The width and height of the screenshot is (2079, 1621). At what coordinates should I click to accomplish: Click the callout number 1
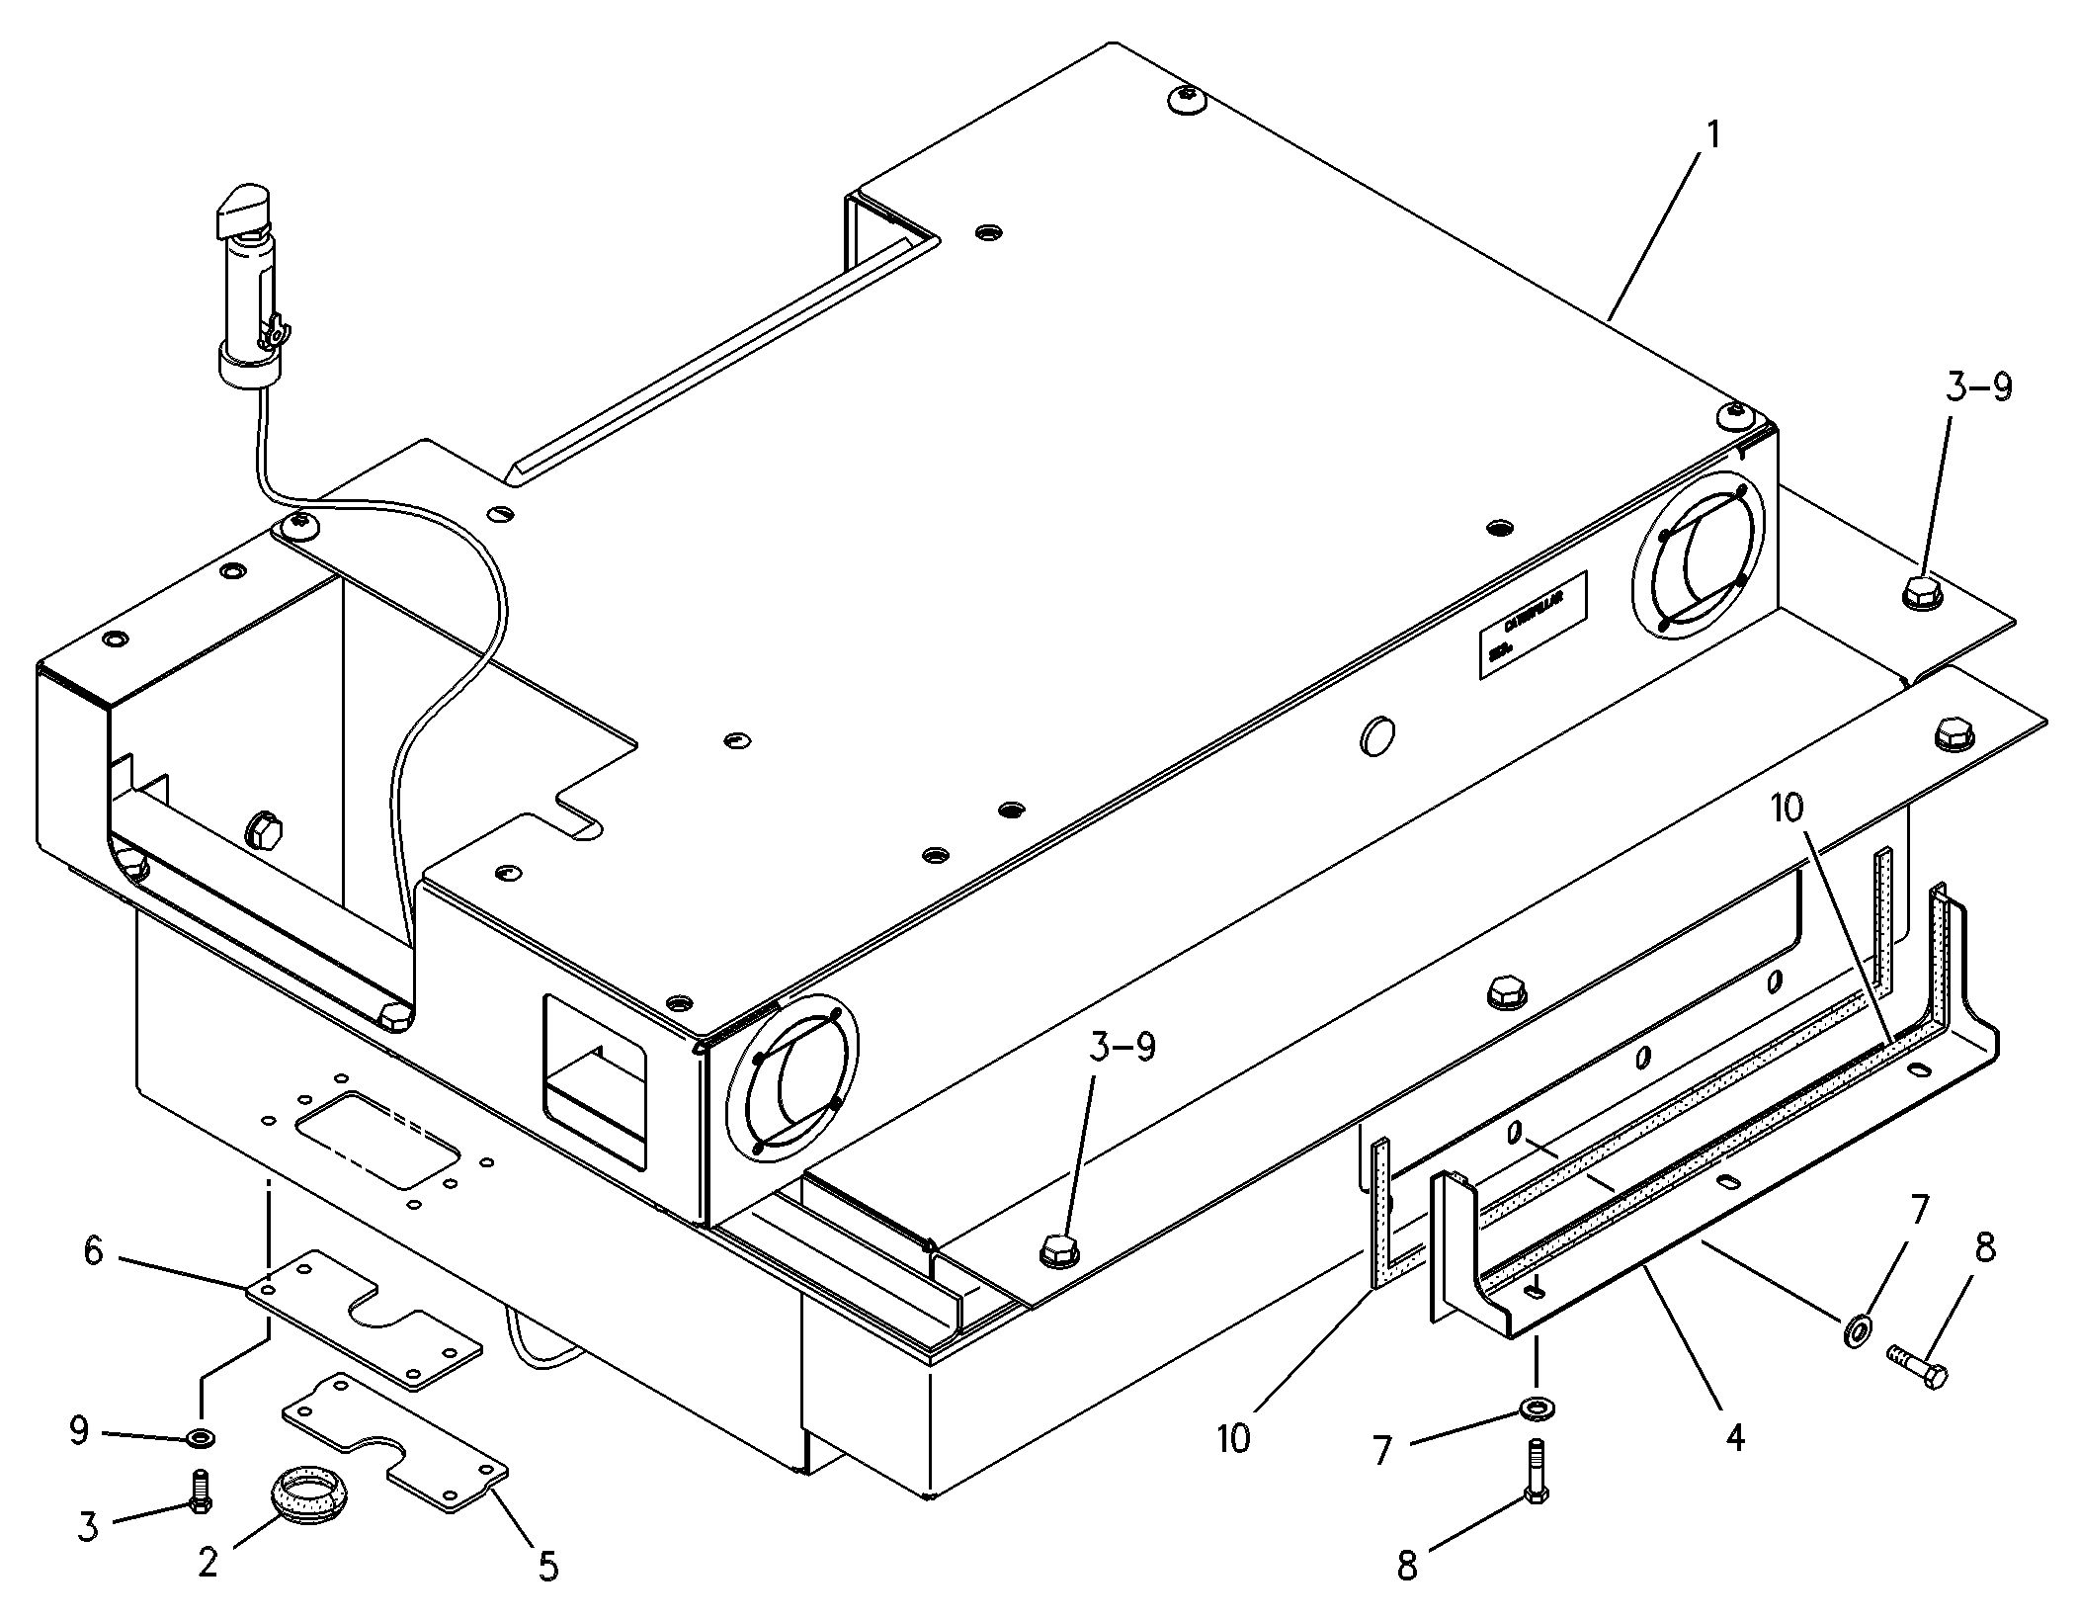point(1712,135)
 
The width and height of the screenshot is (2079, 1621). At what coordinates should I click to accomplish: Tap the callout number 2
point(208,1562)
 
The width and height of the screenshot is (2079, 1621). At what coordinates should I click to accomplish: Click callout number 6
point(93,1250)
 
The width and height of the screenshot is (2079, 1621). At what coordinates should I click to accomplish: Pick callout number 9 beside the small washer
point(80,1430)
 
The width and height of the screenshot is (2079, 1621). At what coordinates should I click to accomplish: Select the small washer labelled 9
point(201,1435)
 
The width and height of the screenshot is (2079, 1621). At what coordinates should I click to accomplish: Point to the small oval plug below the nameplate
point(1376,736)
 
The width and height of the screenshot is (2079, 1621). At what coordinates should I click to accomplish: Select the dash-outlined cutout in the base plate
point(378,1139)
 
